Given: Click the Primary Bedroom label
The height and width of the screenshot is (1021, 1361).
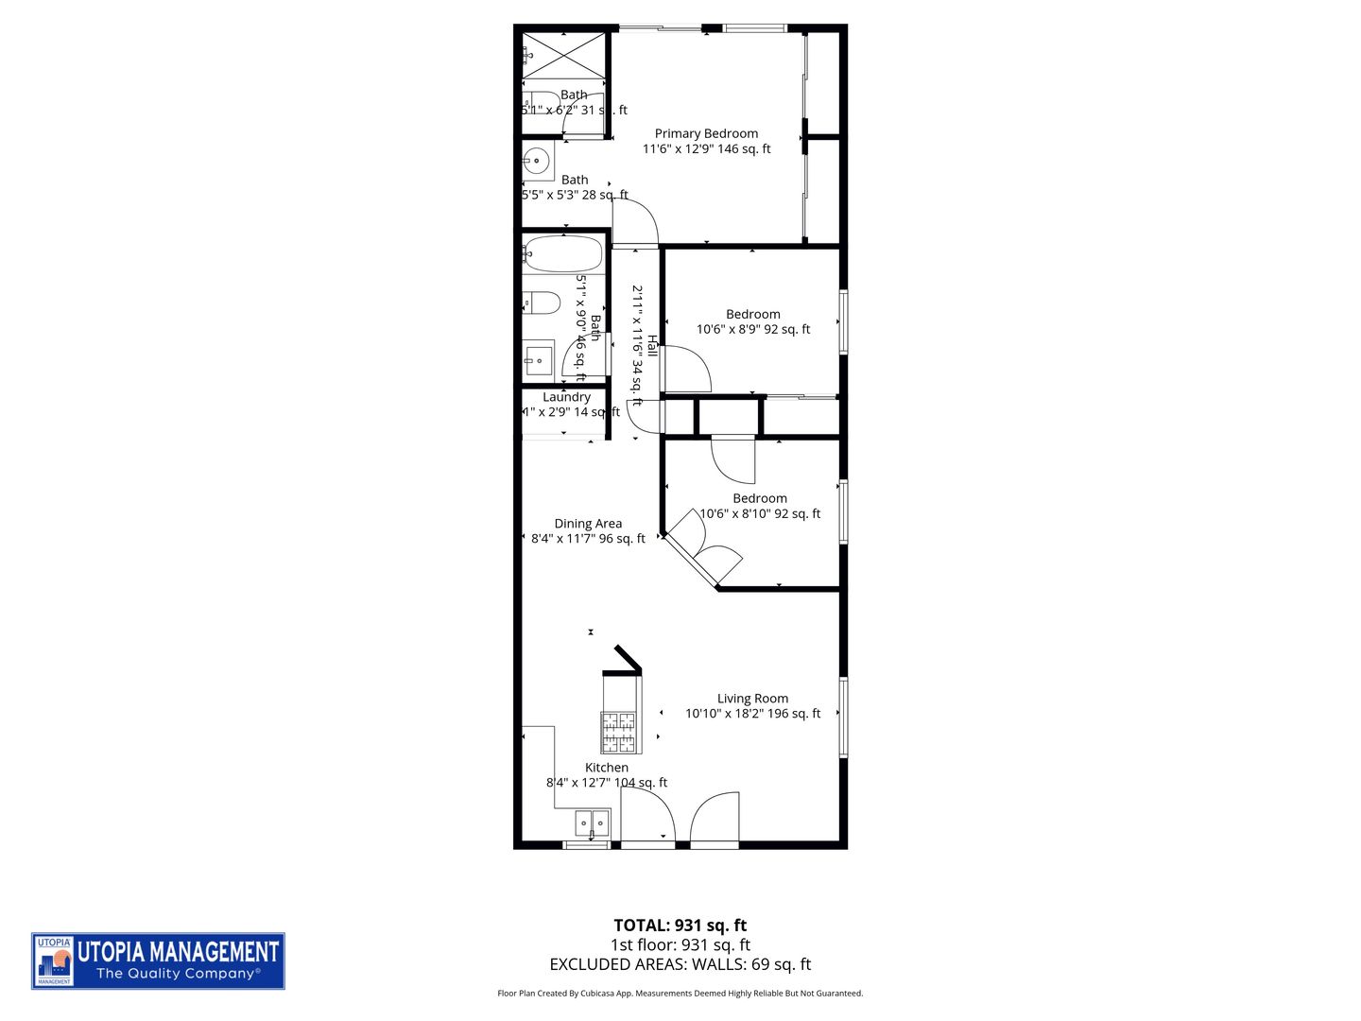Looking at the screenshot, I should coord(706,133).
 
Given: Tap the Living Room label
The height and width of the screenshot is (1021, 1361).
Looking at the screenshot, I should coord(752,699).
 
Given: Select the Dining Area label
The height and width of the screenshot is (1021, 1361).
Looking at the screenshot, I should coord(588,523).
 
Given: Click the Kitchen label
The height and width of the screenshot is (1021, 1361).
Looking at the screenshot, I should coord(606,768).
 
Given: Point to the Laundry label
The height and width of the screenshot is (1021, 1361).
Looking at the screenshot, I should coord(566,397).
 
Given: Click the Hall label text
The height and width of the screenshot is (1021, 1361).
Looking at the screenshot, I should coord(651,346).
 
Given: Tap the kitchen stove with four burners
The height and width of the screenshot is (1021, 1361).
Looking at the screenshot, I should coord(620,731).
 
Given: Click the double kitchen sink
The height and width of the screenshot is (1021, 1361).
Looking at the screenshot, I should coord(593,822).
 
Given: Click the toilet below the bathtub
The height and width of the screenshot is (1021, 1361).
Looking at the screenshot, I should coord(542,303).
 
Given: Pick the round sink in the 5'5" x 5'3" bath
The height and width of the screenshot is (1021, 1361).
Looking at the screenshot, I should coord(538,162).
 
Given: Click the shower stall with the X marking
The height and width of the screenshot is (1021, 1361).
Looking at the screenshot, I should coord(564,56).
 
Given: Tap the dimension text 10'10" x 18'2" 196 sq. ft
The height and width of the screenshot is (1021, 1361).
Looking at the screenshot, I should coord(752,714).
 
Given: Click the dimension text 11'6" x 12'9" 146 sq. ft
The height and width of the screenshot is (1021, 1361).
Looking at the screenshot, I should coord(706,149).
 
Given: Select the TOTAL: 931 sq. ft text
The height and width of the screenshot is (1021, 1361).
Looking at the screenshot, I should coord(680,926).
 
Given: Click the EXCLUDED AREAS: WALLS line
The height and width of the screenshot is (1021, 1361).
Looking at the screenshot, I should coord(680,964).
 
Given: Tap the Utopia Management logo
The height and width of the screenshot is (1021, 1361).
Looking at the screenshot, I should coord(158,961).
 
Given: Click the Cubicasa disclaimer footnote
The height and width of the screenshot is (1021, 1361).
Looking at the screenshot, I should coord(680,994).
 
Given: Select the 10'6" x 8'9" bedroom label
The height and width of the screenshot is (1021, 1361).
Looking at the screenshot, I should coord(752,314).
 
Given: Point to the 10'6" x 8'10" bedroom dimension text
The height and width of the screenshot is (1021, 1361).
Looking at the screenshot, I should coord(759,514).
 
